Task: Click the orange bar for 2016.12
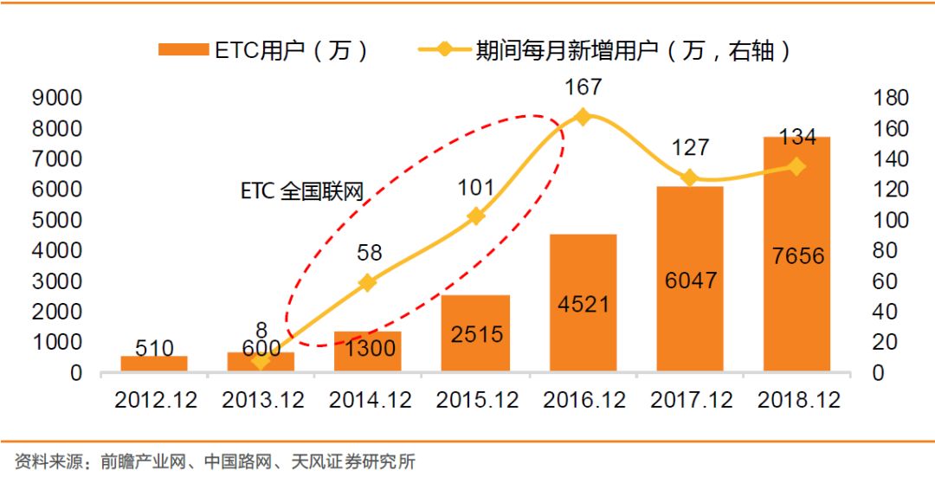[583, 303]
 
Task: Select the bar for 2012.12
[154, 364]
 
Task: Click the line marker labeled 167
[583, 117]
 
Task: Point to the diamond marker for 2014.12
[368, 282]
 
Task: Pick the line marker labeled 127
[689, 177]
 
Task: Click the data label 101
[475, 187]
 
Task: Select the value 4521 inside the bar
[583, 305]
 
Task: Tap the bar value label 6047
[689, 280]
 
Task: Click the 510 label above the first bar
[154, 349]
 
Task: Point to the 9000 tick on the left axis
[57, 98]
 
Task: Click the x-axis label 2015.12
[475, 401]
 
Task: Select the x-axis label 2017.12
[689, 401]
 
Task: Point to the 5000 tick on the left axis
[57, 220]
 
